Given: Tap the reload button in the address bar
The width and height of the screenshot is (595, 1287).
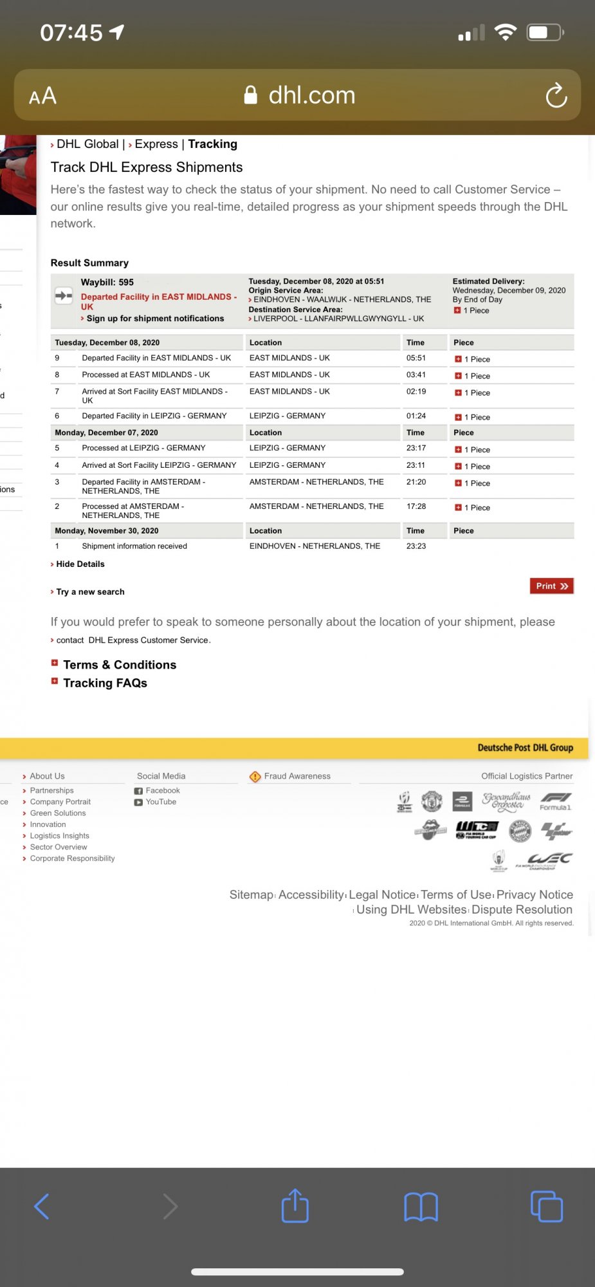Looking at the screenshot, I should [x=556, y=96].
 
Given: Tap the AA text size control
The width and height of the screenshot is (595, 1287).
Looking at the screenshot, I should [x=43, y=97].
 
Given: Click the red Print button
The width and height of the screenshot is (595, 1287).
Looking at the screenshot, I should [x=551, y=586].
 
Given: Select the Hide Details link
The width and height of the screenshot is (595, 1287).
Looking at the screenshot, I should [x=80, y=564].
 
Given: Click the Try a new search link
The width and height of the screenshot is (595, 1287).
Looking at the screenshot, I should [x=90, y=592].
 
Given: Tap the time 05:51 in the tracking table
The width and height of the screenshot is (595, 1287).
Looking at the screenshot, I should [x=416, y=358].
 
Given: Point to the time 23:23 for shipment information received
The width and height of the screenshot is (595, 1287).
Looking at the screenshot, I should [x=416, y=546].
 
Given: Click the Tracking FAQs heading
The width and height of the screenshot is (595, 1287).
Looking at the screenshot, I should [x=105, y=683].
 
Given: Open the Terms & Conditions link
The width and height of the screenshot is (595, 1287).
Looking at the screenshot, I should [x=119, y=665].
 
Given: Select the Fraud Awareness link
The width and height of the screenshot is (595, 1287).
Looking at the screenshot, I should [x=297, y=777].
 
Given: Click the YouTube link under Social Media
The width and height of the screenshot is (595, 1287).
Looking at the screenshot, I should [x=160, y=802].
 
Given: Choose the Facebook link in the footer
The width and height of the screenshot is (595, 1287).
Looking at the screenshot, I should [x=162, y=791].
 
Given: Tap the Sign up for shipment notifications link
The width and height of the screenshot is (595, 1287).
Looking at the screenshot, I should [x=155, y=319].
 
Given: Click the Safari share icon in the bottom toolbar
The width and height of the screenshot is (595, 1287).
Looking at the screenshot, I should [x=295, y=1206].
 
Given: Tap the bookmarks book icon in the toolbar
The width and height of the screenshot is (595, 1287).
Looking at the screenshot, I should [x=421, y=1207].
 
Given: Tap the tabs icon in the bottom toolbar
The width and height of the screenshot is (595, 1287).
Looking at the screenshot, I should [x=546, y=1207].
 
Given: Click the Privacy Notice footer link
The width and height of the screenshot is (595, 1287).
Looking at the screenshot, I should [x=534, y=895].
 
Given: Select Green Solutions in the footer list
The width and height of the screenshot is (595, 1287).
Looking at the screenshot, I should [x=57, y=813].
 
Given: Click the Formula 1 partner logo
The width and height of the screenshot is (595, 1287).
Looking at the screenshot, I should [x=556, y=802].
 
